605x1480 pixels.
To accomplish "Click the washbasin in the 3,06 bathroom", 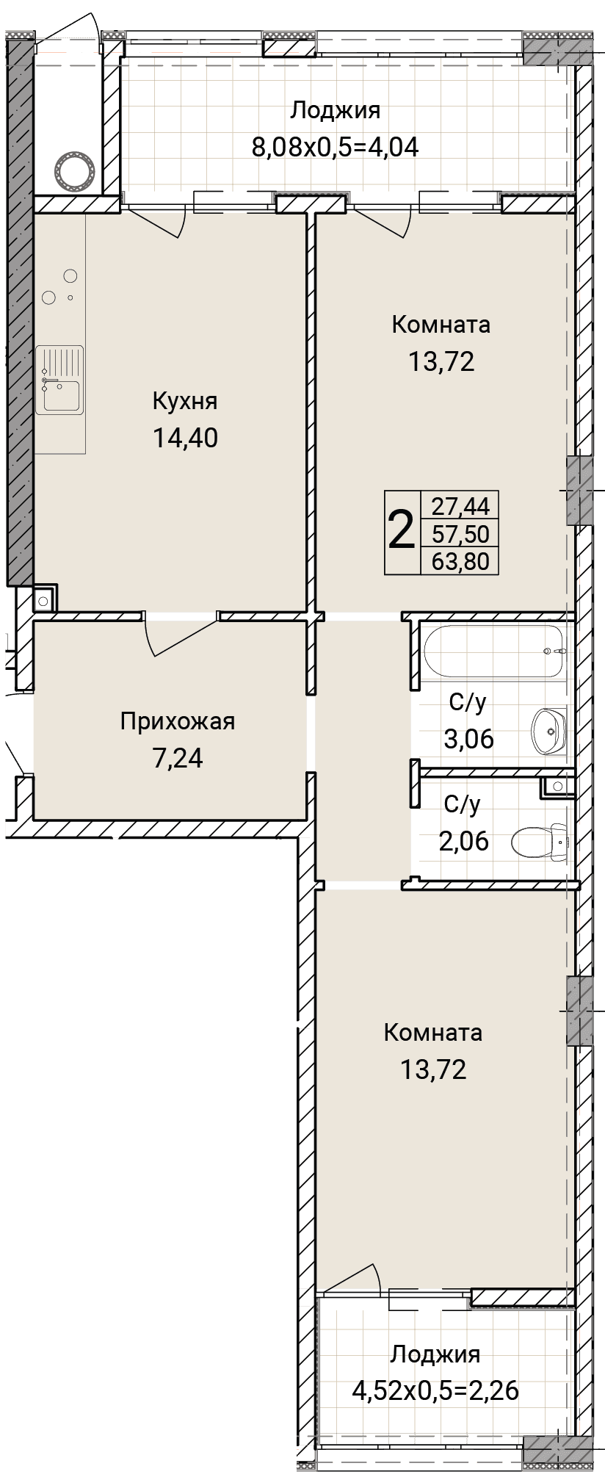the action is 548,731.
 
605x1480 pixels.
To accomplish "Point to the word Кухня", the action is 185,402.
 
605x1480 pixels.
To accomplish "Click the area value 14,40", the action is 186,438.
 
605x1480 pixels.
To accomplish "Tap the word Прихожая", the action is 178,722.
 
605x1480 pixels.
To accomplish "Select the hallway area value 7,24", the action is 177,757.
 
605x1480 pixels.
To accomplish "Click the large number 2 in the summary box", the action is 401,532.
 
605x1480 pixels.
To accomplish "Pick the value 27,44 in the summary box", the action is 460,505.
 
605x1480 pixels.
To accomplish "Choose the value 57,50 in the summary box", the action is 460,533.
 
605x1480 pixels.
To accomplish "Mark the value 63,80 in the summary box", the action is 460,562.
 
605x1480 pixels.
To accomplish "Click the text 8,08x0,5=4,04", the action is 336,147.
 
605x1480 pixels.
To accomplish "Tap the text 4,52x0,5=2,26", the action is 435,1390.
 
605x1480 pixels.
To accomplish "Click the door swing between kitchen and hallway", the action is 181,637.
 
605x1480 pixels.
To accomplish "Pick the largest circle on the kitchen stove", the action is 71,276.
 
